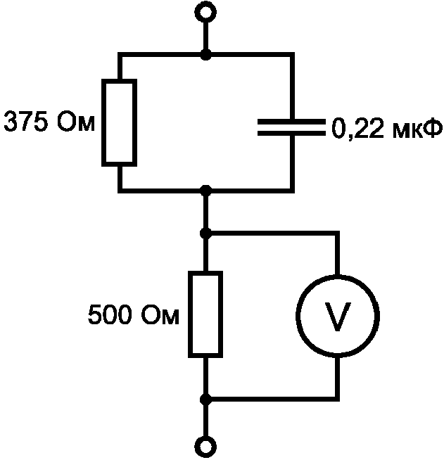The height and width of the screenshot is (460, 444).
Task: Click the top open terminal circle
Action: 205,12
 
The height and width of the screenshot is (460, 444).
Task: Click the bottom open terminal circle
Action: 205,447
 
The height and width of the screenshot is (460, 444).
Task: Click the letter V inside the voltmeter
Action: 338,317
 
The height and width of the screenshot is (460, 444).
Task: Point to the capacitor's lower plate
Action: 291,133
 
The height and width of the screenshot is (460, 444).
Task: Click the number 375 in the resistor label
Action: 26,122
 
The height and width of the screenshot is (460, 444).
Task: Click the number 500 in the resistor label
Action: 109,314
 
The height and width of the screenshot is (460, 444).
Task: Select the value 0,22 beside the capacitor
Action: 357,129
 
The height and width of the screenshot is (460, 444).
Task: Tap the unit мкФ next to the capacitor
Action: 417,129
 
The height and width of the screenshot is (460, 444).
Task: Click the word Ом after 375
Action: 76,122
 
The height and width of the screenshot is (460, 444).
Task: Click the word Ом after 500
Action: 160,314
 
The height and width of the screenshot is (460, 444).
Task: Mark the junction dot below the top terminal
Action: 205,55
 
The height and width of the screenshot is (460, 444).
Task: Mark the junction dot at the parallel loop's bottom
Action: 205,191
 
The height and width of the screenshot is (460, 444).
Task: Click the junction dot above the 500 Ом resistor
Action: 205,234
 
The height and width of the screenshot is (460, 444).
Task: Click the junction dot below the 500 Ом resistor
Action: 205,400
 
